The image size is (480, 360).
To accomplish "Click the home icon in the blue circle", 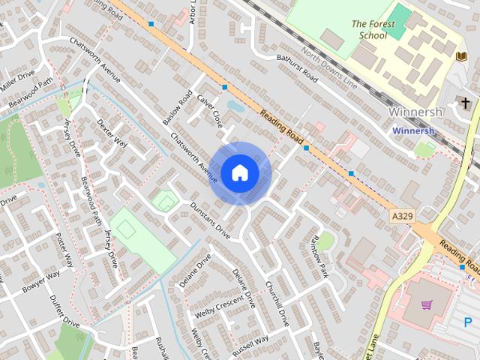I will click(x=239, y=172).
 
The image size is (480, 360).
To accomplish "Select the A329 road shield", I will click(x=402, y=215).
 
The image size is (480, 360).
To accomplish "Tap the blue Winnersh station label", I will click(x=412, y=130).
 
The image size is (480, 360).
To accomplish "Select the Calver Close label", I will click(x=210, y=109).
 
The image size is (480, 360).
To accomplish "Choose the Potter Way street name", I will click(x=64, y=250).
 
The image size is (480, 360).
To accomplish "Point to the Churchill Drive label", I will click(x=277, y=303).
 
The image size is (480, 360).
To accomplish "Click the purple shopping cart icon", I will click(x=427, y=305).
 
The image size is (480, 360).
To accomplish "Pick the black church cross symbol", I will click(x=466, y=103).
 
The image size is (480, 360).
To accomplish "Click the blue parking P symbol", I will click(x=468, y=322).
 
